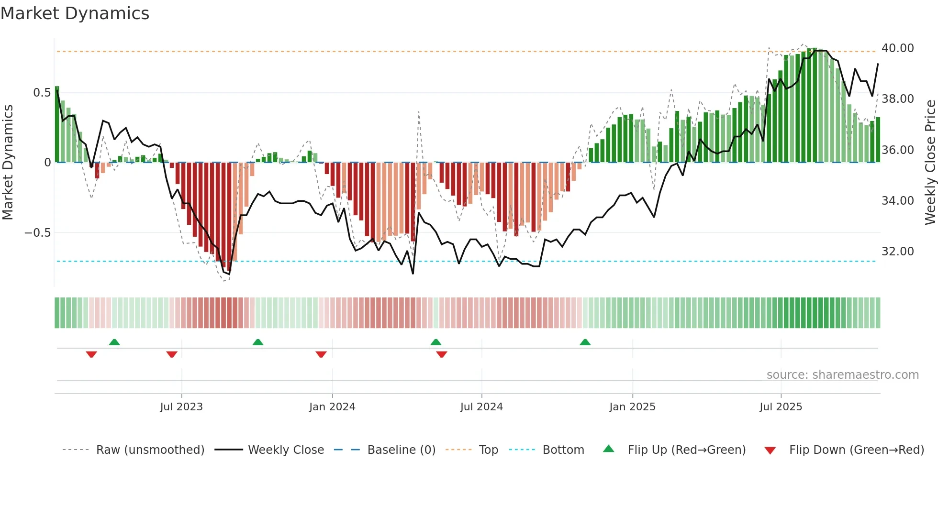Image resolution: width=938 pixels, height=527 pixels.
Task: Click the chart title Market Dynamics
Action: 75,13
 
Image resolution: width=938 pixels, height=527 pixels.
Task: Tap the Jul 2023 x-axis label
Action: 181,407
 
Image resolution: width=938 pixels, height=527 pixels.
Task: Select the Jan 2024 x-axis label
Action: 332,407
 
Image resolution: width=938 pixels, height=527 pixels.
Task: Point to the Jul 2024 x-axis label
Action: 481,407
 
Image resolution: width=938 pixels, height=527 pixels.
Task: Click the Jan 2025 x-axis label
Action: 632,407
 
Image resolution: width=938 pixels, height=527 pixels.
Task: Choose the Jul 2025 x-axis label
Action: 781,407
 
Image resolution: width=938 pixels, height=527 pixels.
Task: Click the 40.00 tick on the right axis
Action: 897,48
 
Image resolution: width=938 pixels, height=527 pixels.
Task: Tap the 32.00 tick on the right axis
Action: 897,252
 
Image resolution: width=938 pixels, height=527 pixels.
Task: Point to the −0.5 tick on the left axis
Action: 37,233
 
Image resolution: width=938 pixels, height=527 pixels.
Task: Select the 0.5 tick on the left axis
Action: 42,93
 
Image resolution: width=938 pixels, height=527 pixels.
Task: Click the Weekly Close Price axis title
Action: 930,162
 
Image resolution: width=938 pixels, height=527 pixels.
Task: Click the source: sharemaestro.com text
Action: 842,375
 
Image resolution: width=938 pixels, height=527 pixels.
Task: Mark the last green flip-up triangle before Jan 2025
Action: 585,342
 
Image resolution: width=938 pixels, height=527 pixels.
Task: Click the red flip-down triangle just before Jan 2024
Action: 321,354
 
